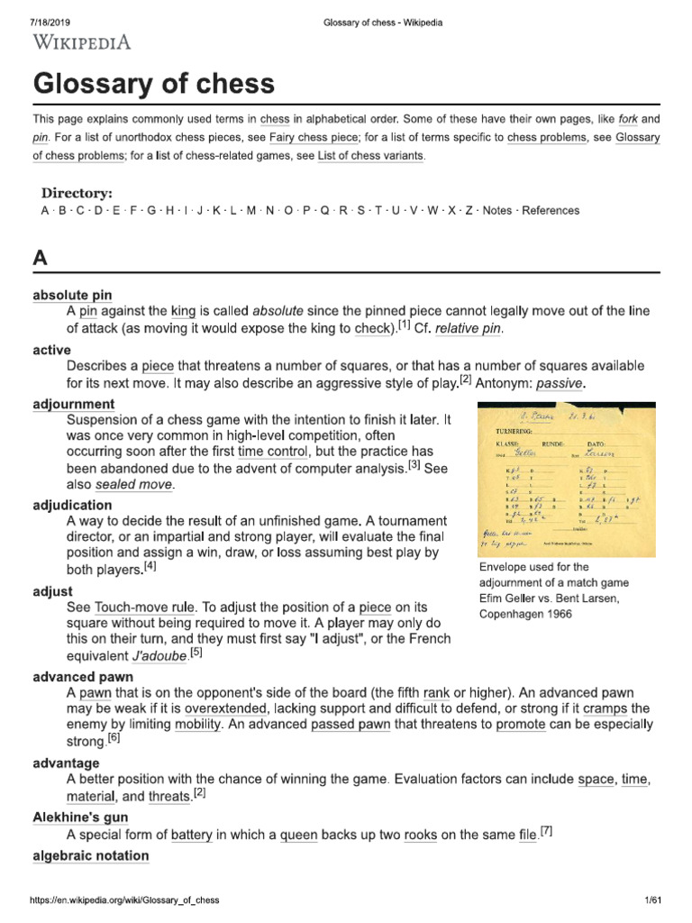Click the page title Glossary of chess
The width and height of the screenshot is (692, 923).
(153, 84)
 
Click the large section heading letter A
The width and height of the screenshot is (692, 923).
(40, 258)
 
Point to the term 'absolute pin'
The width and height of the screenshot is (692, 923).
(72, 295)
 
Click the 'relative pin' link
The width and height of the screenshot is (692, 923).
(467, 329)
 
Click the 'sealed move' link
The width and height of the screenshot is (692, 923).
(134, 485)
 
